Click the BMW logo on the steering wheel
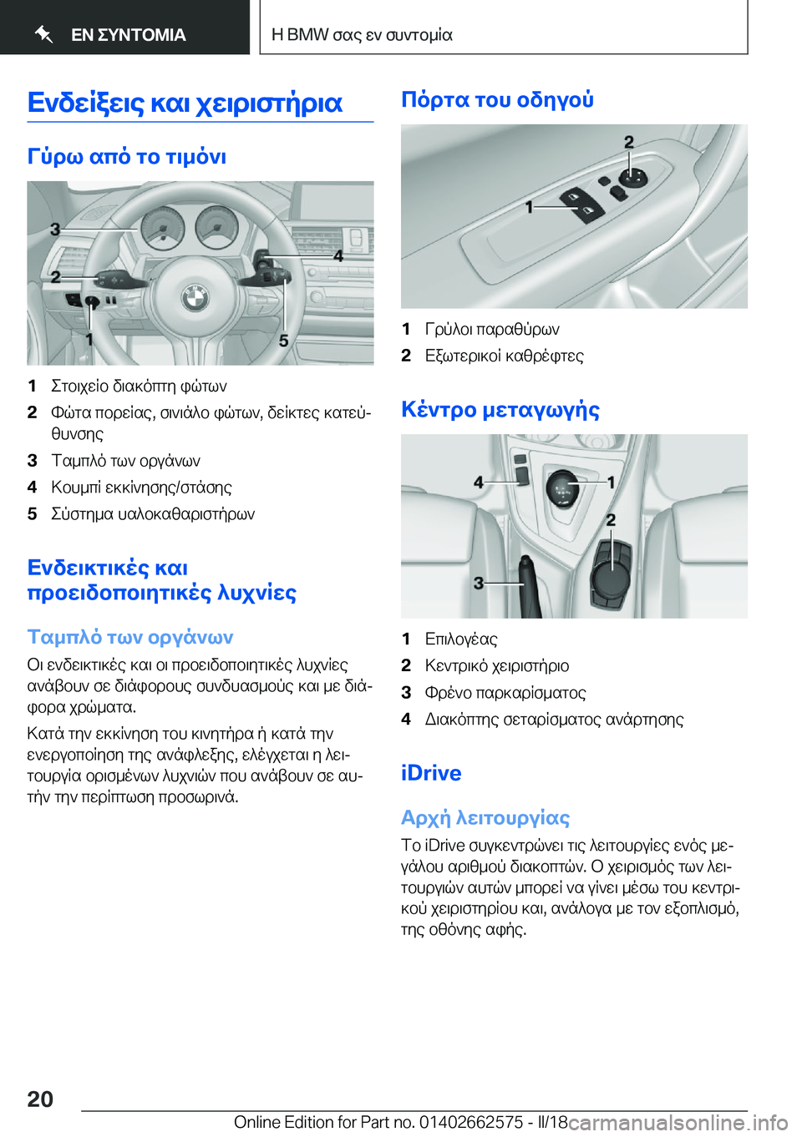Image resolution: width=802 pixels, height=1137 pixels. (195, 296)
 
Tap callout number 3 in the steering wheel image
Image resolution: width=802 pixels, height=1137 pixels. (55, 229)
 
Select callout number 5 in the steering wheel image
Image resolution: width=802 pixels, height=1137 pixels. (284, 340)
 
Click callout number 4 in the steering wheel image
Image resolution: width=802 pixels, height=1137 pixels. (338, 255)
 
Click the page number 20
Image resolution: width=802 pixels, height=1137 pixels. (40, 1099)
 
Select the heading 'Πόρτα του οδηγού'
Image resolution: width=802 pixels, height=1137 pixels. (497, 100)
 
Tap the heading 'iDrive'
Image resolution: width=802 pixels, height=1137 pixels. (431, 773)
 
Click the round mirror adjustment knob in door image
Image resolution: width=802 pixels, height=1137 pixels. (632, 177)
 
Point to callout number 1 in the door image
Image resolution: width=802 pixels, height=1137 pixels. (530, 205)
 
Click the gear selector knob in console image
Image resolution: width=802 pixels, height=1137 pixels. (563, 488)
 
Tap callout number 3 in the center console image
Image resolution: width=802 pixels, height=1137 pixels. (479, 582)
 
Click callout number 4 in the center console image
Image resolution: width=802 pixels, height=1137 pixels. (479, 482)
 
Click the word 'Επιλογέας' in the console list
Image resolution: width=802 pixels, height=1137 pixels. (461, 639)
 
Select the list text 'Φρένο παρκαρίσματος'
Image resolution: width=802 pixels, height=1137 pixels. (505, 693)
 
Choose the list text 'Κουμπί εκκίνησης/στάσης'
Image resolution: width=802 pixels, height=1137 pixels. (141, 488)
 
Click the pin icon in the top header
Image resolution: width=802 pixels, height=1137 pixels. (44, 34)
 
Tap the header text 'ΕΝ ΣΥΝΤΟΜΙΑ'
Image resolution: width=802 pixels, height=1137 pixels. (129, 35)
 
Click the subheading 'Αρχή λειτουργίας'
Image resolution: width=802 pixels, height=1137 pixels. (485, 818)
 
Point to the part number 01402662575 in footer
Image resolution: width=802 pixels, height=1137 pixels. (471, 1122)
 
